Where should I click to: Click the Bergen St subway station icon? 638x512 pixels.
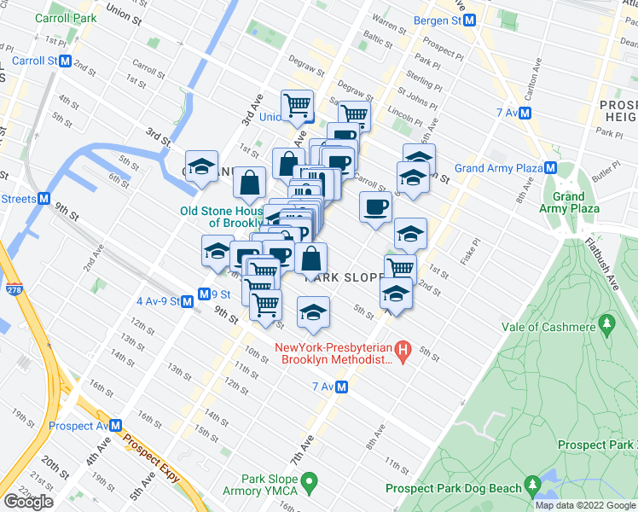(468, 22)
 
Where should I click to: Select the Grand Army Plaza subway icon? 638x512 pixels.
(552, 168)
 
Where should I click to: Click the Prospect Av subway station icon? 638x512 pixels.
(116, 426)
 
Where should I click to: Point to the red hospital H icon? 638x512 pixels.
(404, 349)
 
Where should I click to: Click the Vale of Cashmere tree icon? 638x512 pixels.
(606, 323)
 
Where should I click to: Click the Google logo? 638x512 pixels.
(28, 502)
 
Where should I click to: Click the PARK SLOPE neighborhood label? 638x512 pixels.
(351, 278)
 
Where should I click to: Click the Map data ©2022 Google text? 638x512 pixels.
(584, 505)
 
